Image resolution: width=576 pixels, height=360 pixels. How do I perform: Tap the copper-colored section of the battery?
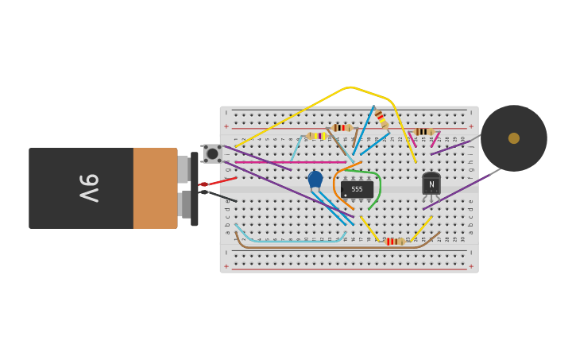pyautogui.click(x=155, y=188)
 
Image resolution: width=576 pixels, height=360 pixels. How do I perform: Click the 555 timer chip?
pyautogui.click(x=357, y=189)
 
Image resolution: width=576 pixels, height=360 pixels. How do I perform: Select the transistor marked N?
pyautogui.click(x=431, y=184)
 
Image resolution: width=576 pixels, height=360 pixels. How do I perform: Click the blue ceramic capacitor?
pyautogui.click(x=315, y=180)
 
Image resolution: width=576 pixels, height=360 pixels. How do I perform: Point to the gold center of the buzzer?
pyautogui.click(x=514, y=138)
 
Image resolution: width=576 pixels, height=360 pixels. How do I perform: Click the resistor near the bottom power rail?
pyautogui.click(x=393, y=242)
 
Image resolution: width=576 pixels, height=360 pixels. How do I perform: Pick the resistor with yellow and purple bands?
pyautogui.click(x=317, y=136)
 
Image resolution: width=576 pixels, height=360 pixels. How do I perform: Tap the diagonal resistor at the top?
pyautogui.click(x=382, y=120)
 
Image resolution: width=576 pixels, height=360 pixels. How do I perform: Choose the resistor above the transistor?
pyautogui.click(x=423, y=132)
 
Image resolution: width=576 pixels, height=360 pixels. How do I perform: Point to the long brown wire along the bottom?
pyautogui.click(x=318, y=247)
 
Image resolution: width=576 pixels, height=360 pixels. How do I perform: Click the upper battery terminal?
pyautogui.click(x=184, y=169)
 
